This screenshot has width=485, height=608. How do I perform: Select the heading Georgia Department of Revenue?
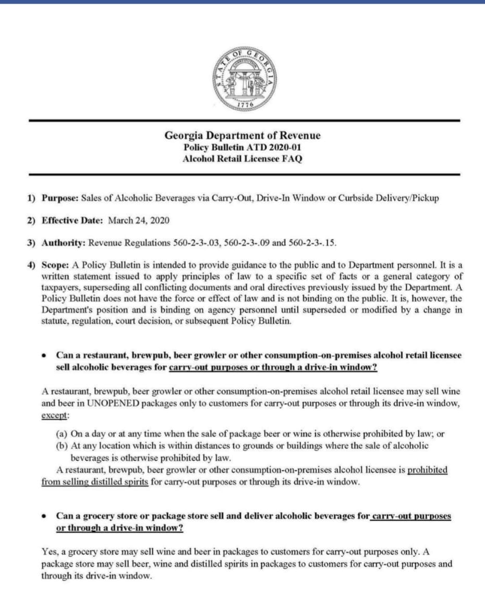(x=242, y=136)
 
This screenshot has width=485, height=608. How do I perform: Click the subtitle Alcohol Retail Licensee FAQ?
(x=242, y=159)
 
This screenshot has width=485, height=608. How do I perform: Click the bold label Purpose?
(x=60, y=198)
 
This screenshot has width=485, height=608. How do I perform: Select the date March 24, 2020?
(x=139, y=220)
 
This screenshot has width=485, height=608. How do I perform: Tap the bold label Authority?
(x=64, y=243)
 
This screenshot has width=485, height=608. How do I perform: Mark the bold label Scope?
(x=54, y=265)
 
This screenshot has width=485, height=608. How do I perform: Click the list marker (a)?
(x=62, y=433)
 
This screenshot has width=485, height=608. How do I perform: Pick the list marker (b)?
(x=62, y=446)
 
